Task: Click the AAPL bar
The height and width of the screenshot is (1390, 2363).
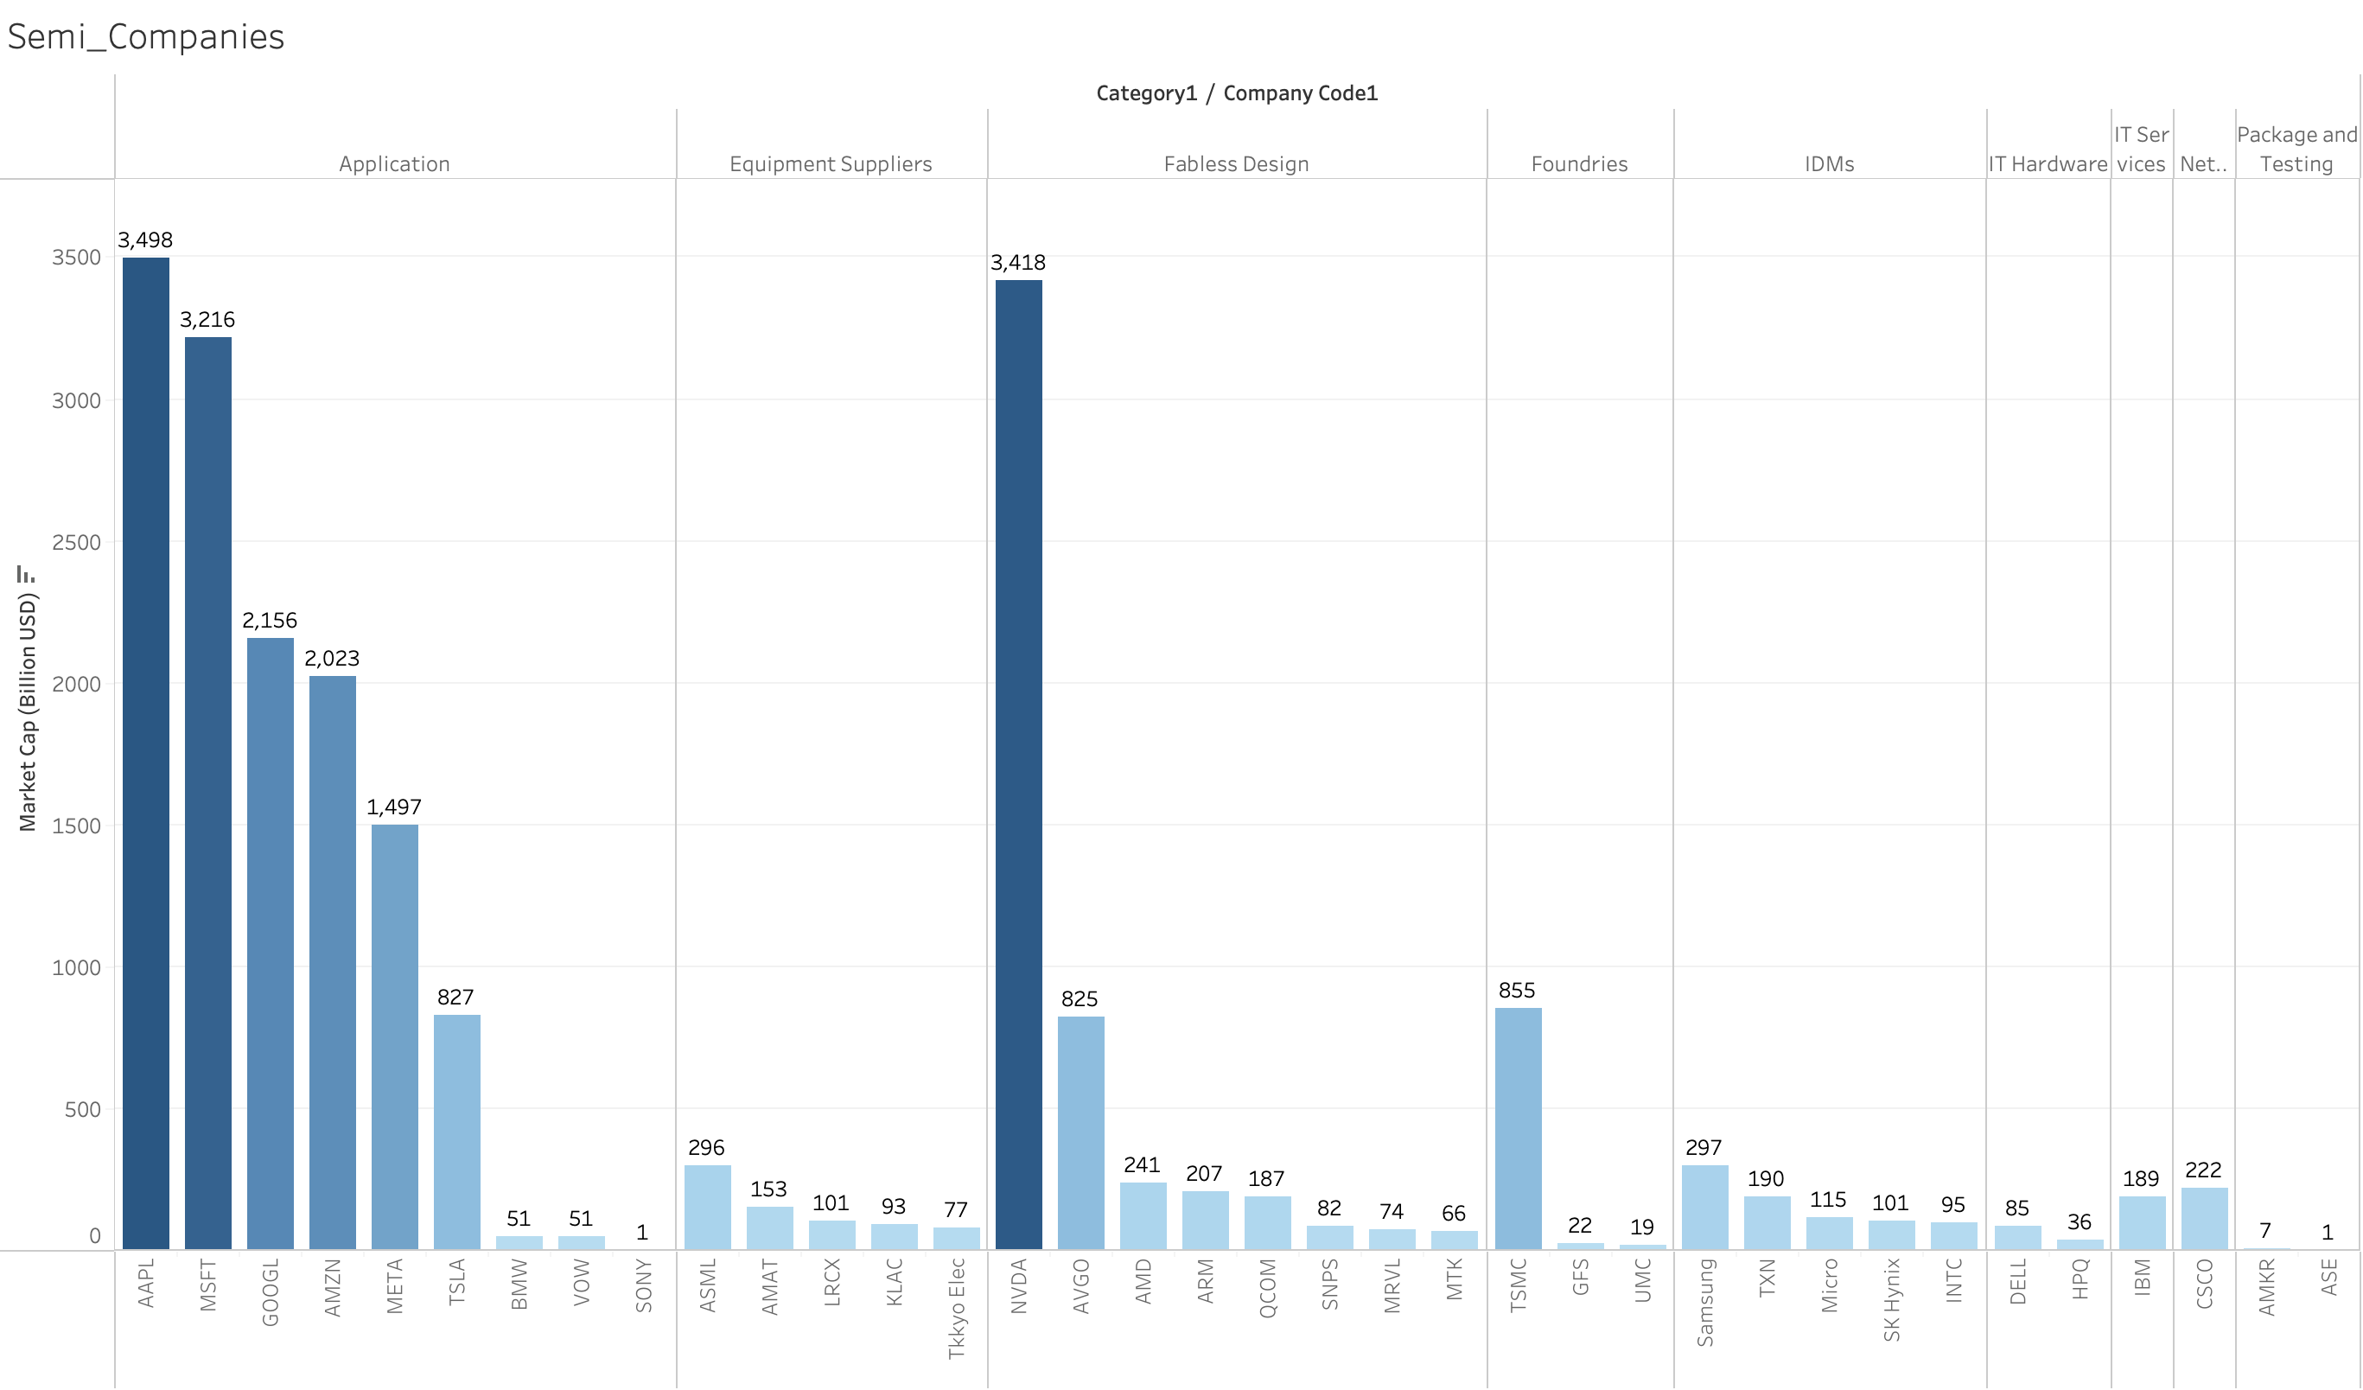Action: click(x=145, y=753)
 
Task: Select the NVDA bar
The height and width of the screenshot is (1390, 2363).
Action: click(x=1018, y=764)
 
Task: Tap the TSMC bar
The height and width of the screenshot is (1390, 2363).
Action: click(x=1517, y=1128)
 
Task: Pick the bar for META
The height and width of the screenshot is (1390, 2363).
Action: click(x=394, y=1036)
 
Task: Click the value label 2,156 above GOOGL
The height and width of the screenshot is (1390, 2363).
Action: click(x=269, y=620)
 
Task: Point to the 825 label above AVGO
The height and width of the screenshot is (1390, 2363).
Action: click(x=1080, y=999)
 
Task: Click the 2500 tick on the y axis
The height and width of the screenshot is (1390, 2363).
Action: click(x=76, y=542)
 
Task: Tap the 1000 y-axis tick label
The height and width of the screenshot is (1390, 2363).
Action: click(x=76, y=968)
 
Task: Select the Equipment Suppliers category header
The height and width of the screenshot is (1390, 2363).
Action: click(x=831, y=164)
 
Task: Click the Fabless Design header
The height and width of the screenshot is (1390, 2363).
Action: click(x=1236, y=164)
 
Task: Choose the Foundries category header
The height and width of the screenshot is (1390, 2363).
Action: click(x=1579, y=164)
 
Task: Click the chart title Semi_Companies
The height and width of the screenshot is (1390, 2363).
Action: click(x=145, y=36)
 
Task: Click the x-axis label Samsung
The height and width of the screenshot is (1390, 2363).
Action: click(x=1704, y=1302)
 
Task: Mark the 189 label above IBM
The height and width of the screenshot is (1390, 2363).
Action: click(x=2141, y=1178)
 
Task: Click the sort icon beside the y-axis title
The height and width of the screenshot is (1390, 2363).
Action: click(x=25, y=574)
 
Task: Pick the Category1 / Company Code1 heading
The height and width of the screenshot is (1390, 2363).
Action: click(x=1236, y=92)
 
